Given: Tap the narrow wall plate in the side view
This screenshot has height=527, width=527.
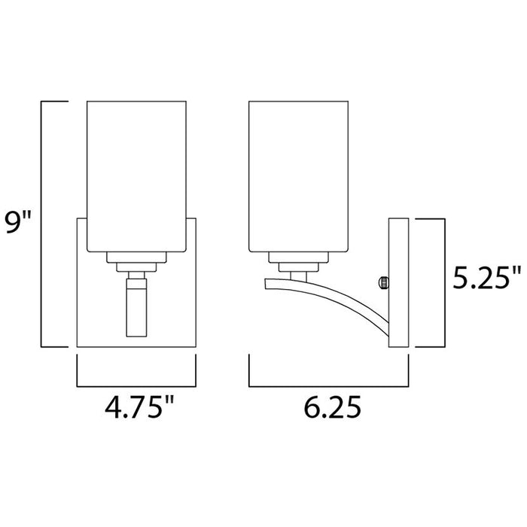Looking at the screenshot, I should pyautogui.click(x=398, y=282).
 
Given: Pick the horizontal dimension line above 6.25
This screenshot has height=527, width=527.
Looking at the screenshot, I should pyautogui.click(x=328, y=383).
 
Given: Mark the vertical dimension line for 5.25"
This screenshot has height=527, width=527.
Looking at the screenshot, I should pyautogui.click(x=443, y=282).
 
